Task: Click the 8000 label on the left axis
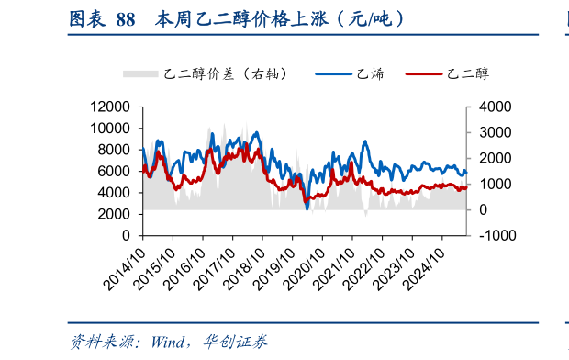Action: pyautogui.click(x=118, y=150)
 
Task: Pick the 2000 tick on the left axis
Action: pyautogui.click(x=118, y=214)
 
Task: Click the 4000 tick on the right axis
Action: pyautogui.click(x=486, y=107)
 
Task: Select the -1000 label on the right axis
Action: pyautogui.click(x=491, y=236)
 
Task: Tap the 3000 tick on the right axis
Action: pyautogui.click(x=486, y=133)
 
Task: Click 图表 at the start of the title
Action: pyautogui.click(x=87, y=18)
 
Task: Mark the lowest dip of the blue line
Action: pyautogui.click(x=307, y=208)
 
